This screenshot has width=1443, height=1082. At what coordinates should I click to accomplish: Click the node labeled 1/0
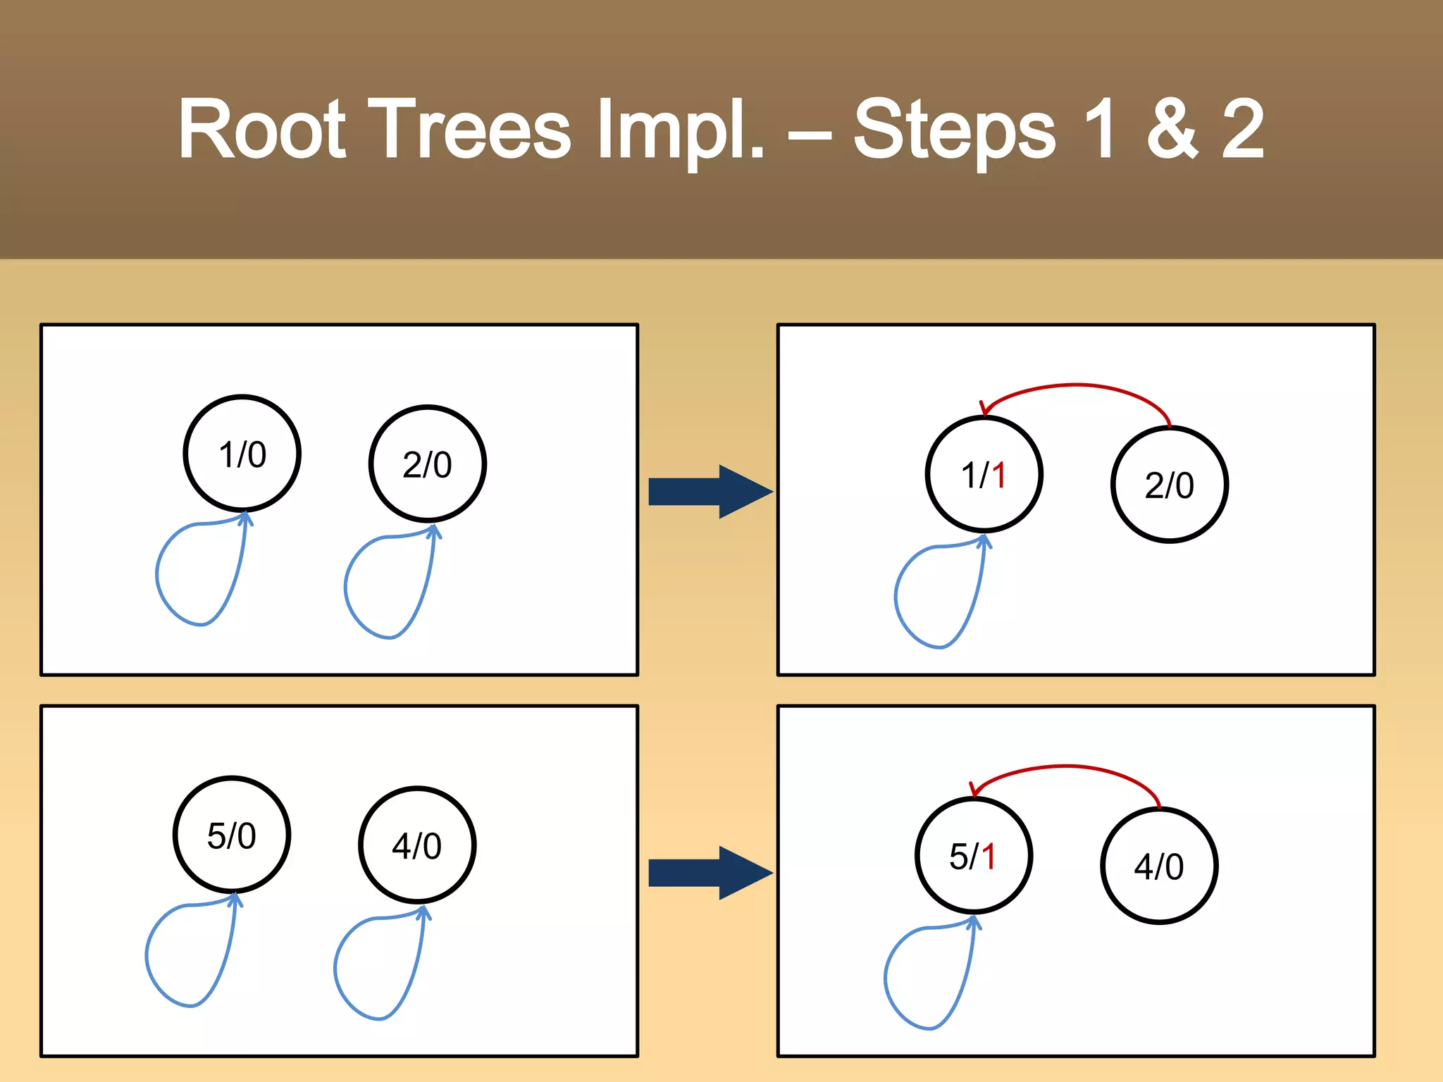(242, 454)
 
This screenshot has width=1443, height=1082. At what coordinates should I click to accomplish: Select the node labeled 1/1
(984, 474)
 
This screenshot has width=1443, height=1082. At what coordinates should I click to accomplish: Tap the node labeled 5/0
(232, 835)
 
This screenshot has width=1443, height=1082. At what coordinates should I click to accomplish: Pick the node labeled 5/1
(974, 856)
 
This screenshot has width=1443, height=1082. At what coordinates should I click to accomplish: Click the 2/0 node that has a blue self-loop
(428, 464)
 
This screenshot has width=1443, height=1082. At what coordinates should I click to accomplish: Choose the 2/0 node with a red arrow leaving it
(1170, 485)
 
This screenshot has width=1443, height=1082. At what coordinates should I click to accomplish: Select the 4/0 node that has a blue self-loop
(417, 845)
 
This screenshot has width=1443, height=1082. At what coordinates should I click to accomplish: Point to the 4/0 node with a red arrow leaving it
(1159, 866)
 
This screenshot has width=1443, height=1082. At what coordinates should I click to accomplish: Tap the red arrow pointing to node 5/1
(1065, 767)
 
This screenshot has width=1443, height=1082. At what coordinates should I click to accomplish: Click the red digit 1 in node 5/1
(989, 857)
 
